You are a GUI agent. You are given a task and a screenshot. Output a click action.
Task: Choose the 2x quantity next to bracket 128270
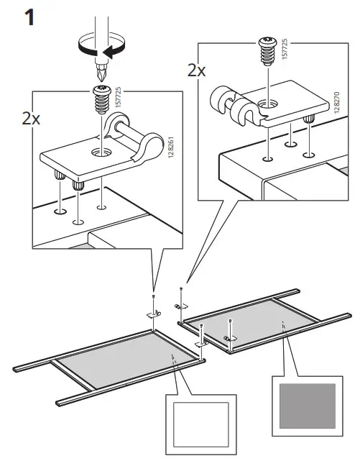(196, 70)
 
